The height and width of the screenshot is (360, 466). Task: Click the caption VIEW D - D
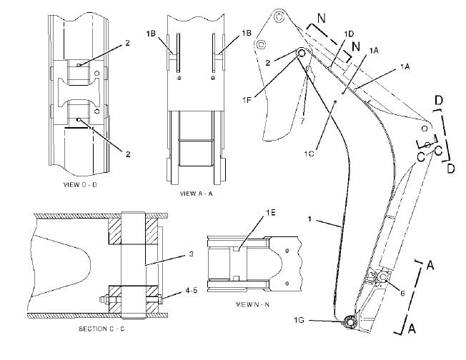pos(80,184)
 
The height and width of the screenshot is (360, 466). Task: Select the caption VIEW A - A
pos(197,194)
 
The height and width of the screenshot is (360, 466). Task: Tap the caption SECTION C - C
pos(101,329)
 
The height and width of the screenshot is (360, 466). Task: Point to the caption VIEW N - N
pos(252,304)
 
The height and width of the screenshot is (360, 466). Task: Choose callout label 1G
pos(299,320)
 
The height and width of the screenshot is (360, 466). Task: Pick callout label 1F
pos(247,99)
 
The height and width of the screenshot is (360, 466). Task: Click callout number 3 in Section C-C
pos(191,254)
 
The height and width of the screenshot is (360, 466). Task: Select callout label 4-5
pos(192,290)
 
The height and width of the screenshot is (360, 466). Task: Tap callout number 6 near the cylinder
pos(402,294)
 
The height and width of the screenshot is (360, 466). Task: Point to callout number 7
pos(302,121)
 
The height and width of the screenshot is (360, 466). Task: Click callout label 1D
pos(349,34)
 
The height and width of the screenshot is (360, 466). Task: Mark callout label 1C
pos(309,154)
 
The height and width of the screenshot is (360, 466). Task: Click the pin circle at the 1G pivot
pos(349,322)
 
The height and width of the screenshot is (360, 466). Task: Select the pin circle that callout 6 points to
pos(382,277)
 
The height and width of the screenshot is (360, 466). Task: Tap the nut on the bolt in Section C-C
pos(105,299)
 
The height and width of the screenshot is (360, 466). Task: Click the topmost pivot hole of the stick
pos(279,17)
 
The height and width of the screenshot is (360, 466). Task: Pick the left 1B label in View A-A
pos(151,34)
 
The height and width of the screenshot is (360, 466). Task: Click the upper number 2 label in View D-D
pos(127,43)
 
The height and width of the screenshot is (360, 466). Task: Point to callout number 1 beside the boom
pos(309,219)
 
